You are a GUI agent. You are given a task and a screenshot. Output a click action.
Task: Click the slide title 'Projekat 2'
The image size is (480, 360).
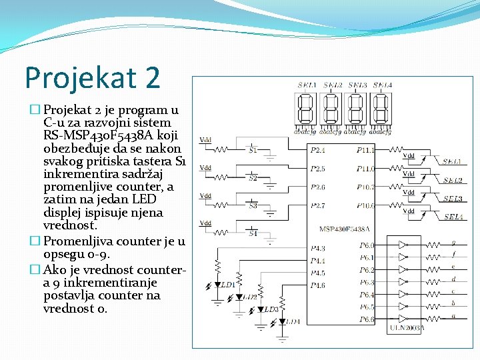click(x=93, y=77)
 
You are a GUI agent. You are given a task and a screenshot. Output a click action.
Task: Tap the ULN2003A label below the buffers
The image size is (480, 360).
click(x=405, y=328)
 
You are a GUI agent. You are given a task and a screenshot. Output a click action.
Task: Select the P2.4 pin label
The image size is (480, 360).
click(x=319, y=151)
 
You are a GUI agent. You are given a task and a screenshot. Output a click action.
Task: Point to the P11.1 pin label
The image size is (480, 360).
click(x=365, y=151)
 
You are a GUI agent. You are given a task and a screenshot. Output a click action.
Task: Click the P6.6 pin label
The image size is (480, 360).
click(x=367, y=319)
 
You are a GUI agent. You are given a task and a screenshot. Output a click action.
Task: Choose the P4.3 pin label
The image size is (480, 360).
click(x=318, y=248)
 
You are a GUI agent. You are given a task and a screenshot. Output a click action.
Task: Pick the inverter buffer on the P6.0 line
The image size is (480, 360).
click(x=403, y=245)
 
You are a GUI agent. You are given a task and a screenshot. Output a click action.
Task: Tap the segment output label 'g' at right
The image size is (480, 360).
click(x=454, y=243)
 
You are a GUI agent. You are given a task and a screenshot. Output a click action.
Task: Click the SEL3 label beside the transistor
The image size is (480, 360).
click(x=453, y=199)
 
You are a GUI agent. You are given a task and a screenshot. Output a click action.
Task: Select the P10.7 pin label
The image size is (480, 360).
click(x=365, y=187)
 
